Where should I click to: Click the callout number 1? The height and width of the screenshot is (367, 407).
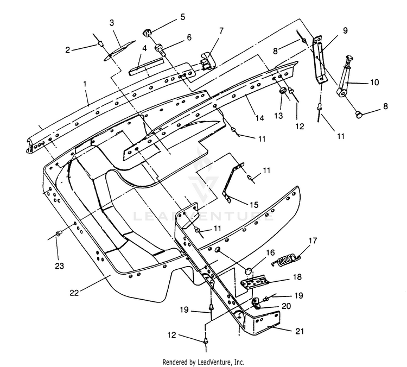coord(85,84)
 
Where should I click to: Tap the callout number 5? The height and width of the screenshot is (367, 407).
coord(183,17)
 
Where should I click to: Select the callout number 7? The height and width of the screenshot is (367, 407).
coord(221,31)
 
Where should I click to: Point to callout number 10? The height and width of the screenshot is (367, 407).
coord(374,83)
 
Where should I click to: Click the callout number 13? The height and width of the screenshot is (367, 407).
coord(278,116)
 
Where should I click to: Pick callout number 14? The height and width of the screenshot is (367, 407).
coord(260,118)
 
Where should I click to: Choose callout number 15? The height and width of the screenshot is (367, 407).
coord(254,205)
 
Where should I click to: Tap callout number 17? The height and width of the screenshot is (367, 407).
coord(313,241)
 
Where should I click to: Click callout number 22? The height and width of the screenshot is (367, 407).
coord(74,293)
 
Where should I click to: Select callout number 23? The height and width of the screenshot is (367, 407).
coord(60,266)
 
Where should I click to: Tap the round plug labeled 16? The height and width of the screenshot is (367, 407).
coord(249,272)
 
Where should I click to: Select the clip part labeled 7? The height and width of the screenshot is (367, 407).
coord(208,61)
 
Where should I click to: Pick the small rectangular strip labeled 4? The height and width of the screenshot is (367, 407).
coord(147,67)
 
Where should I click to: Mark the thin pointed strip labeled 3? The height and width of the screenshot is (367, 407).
coord(120,50)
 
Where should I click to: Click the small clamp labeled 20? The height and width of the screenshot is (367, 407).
coord(257,303)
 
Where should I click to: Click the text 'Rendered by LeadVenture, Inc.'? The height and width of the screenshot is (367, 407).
coord(203,362)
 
